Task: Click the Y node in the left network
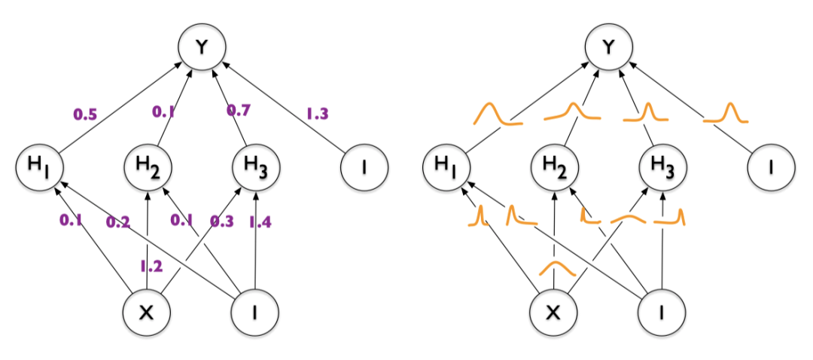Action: pyautogui.click(x=200, y=48)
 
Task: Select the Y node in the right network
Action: pyautogui.click(x=610, y=48)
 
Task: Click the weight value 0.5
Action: pyautogui.click(x=84, y=114)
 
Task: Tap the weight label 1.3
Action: pyautogui.click(x=317, y=114)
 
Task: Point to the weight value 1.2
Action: pyautogui.click(x=151, y=265)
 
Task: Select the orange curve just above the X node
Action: pyautogui.click(x=555, y=268)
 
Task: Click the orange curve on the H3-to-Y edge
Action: pyautogui.click(x=647, y=114)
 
